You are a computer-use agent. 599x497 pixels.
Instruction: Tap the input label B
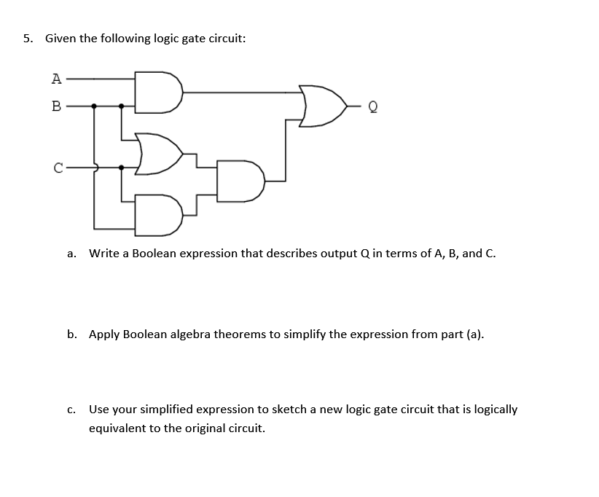[55, 106]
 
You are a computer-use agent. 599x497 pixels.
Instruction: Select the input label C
[57, 168]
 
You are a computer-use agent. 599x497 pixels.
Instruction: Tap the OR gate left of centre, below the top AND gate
[159, 154]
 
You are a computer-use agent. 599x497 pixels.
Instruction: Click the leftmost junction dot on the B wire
[94, 106]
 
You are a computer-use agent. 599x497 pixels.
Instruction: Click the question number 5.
[27, 39]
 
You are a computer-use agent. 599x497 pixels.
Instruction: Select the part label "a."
[71, 254]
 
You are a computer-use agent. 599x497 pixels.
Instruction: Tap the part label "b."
[72, 334]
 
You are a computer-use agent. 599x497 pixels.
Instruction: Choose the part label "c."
[71, 410]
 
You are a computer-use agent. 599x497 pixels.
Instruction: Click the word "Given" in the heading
[61, 39]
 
